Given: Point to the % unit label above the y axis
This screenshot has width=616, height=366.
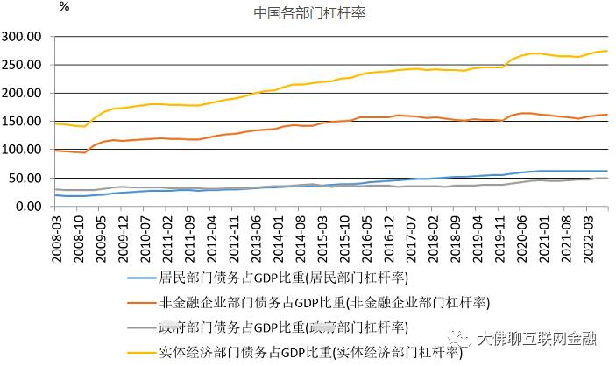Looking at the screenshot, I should [64, 6].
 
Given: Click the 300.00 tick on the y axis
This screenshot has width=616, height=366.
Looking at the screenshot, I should [23, 37].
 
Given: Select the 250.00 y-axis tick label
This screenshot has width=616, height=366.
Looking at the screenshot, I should [23, 65].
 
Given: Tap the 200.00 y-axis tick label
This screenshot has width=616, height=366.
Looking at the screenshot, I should [23, 93].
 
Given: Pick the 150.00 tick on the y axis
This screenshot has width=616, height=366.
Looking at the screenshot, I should [23, 121].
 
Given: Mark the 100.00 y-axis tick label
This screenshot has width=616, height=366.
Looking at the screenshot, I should [23, 150].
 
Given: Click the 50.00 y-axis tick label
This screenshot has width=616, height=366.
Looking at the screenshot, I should [26, 178].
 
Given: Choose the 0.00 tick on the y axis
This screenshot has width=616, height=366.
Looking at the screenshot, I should [30, 206].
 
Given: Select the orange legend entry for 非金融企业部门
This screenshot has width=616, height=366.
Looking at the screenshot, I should [324, 304].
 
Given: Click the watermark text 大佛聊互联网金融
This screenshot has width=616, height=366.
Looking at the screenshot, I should [548, 338].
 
